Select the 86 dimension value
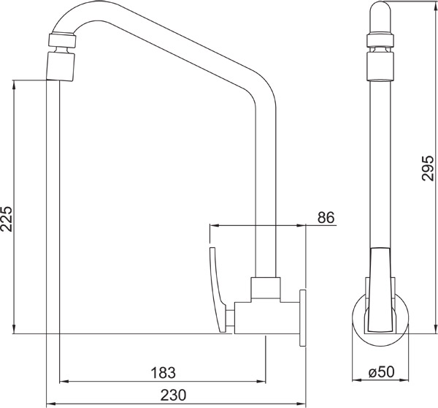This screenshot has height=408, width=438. pyautogui.click(x=326, y=218)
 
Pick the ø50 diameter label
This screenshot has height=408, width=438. pyautogui.click(x=381, y=372)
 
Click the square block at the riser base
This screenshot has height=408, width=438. pyautogui.click(x=266, y=288)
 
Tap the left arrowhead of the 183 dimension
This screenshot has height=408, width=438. pyautogui.click(x=61, y=381)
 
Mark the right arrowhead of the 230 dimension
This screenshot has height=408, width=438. pyautogui.click(x=302, y=404)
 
